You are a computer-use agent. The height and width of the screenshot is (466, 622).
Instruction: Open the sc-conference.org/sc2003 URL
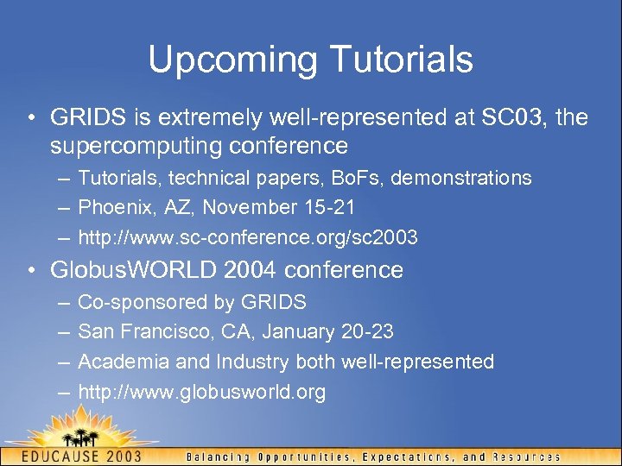tap(248, 236)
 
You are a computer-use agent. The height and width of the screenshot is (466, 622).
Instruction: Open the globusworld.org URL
tap(201, 392)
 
